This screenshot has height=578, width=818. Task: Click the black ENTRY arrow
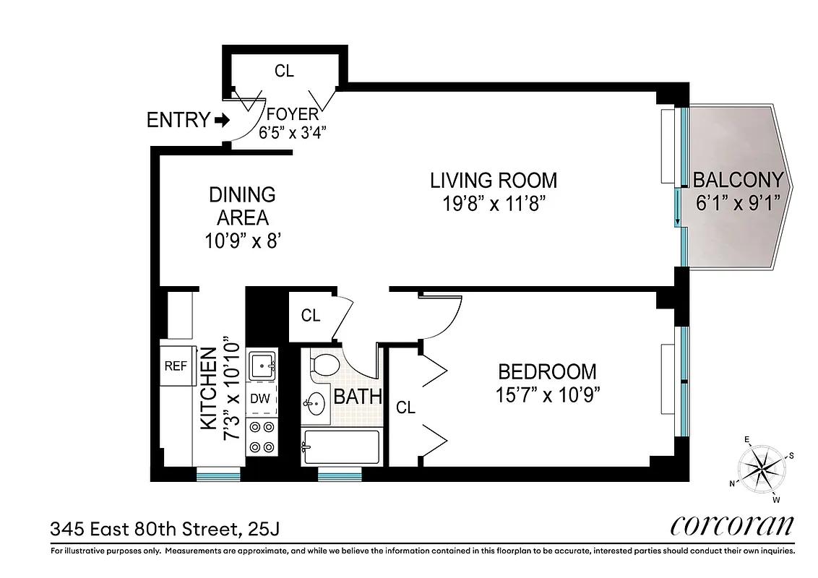(222, 120)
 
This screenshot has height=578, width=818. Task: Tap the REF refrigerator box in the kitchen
(176, 366)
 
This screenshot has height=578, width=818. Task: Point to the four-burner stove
(262, 436)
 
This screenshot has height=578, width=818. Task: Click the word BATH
(358, 397)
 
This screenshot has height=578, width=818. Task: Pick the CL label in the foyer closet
(285, 71)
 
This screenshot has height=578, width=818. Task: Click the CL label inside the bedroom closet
(406, 408)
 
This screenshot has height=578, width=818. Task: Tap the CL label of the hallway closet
(311, 316)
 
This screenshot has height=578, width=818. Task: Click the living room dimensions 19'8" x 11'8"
(494, 204)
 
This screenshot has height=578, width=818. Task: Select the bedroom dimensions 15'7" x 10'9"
(548, 395)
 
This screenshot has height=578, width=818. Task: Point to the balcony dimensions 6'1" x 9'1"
(737, 203)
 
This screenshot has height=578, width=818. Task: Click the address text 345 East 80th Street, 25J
(164, 530)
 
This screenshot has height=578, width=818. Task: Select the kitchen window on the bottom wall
(218, 475)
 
